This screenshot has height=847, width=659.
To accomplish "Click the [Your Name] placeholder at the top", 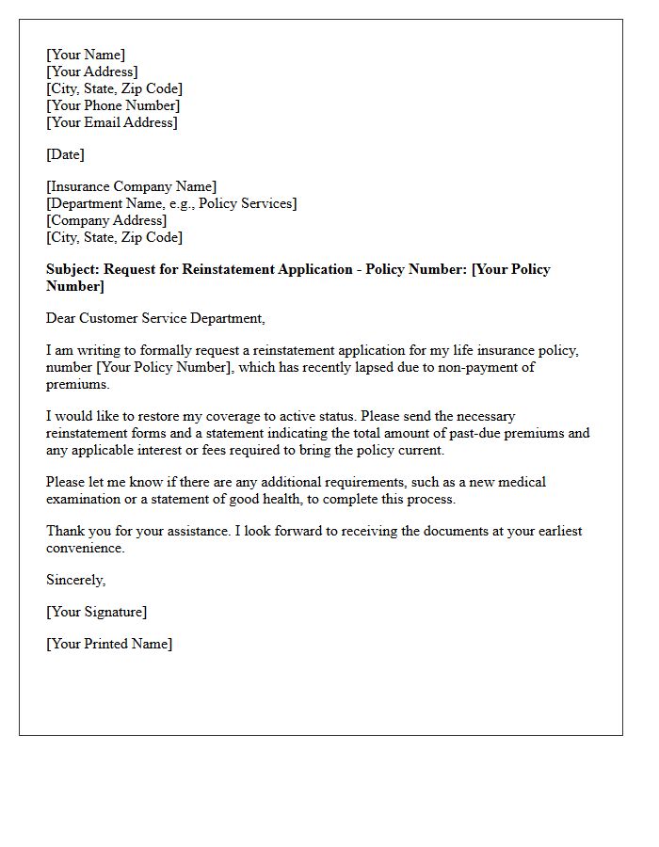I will tap(86, 55).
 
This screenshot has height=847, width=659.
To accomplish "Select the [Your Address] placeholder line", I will tap(92, 72).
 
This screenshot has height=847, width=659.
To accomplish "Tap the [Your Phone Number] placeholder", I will tap(113, 105).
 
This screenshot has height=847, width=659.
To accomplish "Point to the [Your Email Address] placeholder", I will tap(112, 122).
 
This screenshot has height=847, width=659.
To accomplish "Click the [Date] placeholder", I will tap(65, 154).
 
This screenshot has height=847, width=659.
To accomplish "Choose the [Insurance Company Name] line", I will tap(132, 186).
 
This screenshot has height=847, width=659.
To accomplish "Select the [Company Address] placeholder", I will tap(107, 220).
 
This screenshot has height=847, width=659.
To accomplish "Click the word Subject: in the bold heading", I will tap(73, 269).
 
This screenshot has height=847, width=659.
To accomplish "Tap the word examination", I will tap(86, 500).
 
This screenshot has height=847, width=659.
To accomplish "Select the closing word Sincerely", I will tap(76, 581).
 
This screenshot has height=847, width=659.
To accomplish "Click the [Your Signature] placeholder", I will tap(97, 613).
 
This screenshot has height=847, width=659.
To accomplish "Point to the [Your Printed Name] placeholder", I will tap(110, 645).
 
